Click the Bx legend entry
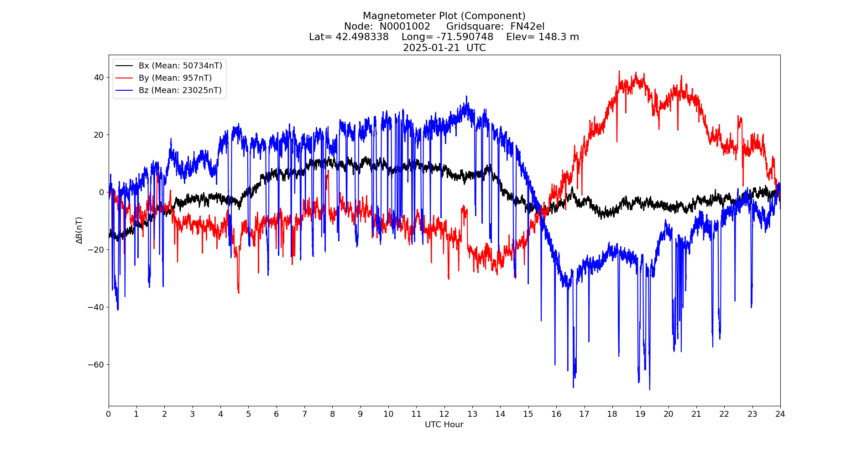coord(180,66)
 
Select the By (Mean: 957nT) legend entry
coord(175,78)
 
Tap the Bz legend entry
coord(180,90)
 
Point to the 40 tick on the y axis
coord(99,77)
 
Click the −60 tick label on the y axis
coord(96,364)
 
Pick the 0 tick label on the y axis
coord(101,192)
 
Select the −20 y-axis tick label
coord(96,249)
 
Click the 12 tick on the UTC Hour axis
coord(444,414)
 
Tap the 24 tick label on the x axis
coord(780,414)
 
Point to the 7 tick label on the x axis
coord(304,414)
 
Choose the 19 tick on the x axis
coord(640,414)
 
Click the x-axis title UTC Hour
coord(444,425)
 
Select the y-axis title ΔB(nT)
coord(79,230)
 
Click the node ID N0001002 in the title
coord(405,26)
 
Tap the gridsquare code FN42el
coord(527,26)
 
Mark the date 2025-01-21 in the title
coord(431,48)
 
